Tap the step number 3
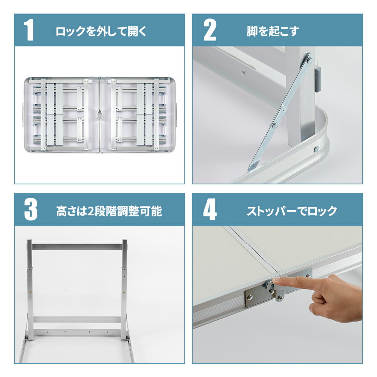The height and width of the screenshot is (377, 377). pos(31,210)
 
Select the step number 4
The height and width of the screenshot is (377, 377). pos(210,210)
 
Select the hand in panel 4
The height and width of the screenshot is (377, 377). pos(332,296)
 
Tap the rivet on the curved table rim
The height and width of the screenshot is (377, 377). pos(315,149)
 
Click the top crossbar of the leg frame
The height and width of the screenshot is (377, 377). pos(77,247)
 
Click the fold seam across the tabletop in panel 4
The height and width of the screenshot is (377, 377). pos(253,249)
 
